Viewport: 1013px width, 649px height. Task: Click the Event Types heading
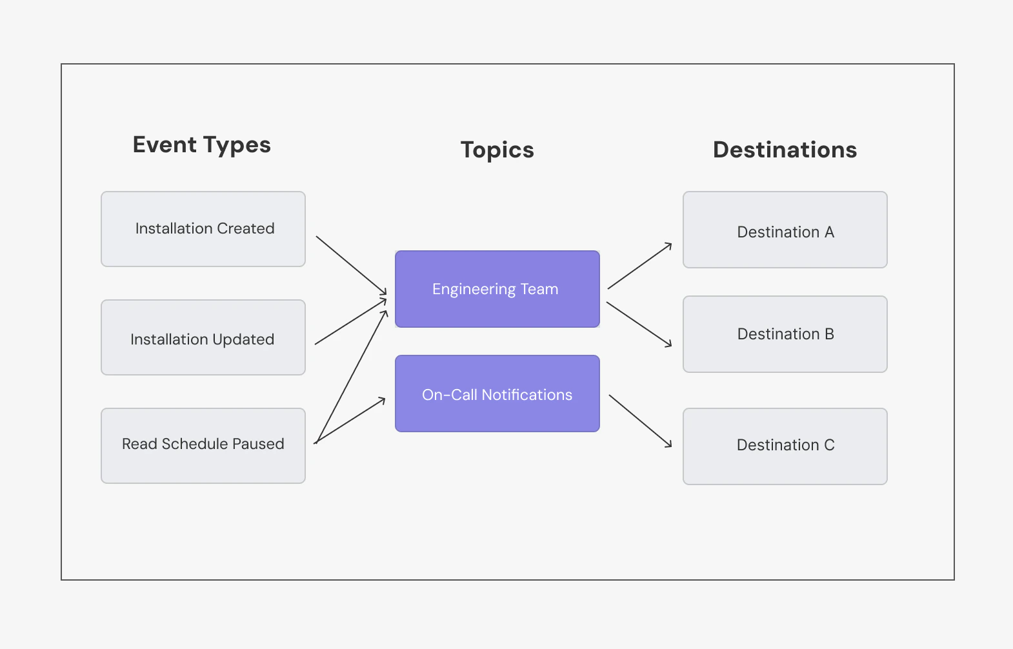(201, 145)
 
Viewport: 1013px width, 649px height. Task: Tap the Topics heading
(497, 150)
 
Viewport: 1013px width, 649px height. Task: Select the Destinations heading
(785, 150)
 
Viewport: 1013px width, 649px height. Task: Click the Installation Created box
(203, 229)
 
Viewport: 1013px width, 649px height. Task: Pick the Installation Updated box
(203, 337)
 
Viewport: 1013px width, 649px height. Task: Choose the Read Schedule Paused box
(203, 445)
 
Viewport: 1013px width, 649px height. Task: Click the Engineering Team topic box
(497, 289)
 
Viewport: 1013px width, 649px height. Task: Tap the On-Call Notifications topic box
(497, 394)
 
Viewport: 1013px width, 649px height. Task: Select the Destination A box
(785, 230)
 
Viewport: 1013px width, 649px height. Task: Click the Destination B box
(785, 334)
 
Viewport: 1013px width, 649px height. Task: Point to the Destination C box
(785, 446)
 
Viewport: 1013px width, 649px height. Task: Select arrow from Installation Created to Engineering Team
(351, 266)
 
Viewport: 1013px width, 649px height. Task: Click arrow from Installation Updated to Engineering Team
(350, 321)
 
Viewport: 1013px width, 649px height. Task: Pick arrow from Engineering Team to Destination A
(639, 266)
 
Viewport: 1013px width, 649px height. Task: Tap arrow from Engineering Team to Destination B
(639, 324)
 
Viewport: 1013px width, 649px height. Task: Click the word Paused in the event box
(258, 444)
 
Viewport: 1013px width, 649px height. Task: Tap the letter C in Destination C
(829, 445)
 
